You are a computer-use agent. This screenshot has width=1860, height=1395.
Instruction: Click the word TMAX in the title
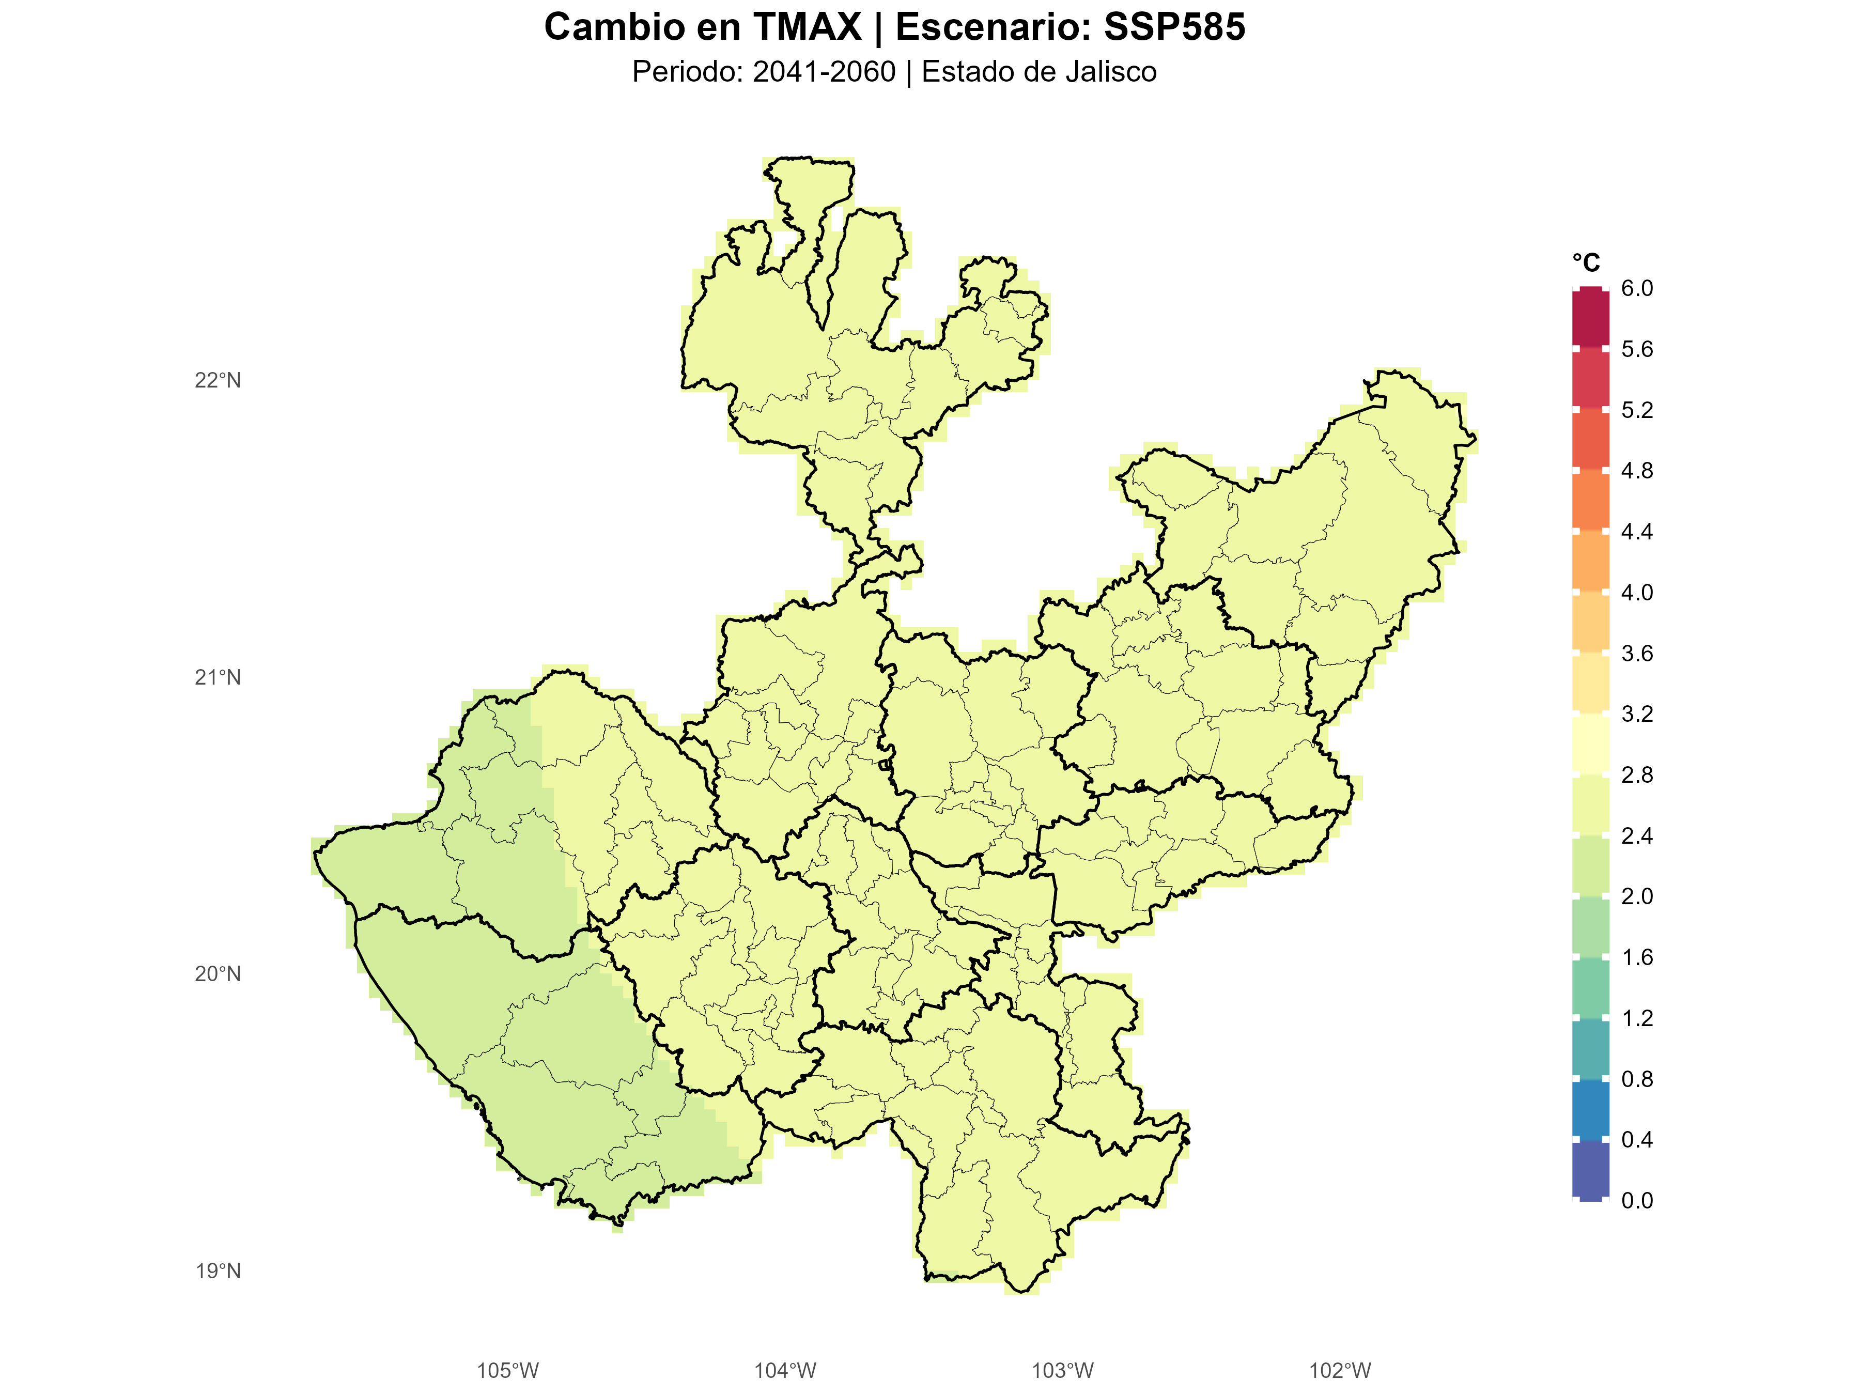pos(807,28)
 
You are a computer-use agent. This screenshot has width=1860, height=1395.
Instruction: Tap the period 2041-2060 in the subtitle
pos(824,72)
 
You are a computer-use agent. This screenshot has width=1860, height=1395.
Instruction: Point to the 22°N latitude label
pos(218,381)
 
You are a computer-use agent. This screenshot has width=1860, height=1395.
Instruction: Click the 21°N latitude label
pos(218,678)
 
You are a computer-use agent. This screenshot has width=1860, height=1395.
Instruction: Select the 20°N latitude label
pos(218,974)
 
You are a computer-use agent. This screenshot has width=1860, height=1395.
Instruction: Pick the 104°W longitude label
pos(784,1371)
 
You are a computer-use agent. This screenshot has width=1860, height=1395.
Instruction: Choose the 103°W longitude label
pos(1063,1371)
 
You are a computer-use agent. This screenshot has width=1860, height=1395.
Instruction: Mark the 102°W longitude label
pos(1340,1371)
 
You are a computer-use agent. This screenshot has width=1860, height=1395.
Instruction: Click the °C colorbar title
pos(1586,263)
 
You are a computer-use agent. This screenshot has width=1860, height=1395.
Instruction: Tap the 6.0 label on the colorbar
pos(1636,288)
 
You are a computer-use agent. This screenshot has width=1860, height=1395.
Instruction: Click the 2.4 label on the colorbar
pos(1636,836)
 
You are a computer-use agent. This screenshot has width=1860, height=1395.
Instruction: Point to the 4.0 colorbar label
pos(1636,593)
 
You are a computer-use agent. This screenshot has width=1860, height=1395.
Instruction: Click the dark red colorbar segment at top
pos(1590,318)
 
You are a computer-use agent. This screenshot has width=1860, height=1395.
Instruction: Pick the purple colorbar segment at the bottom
pos(1590,1170)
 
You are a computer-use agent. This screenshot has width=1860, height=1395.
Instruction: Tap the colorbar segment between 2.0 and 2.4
pos(1590,866)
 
